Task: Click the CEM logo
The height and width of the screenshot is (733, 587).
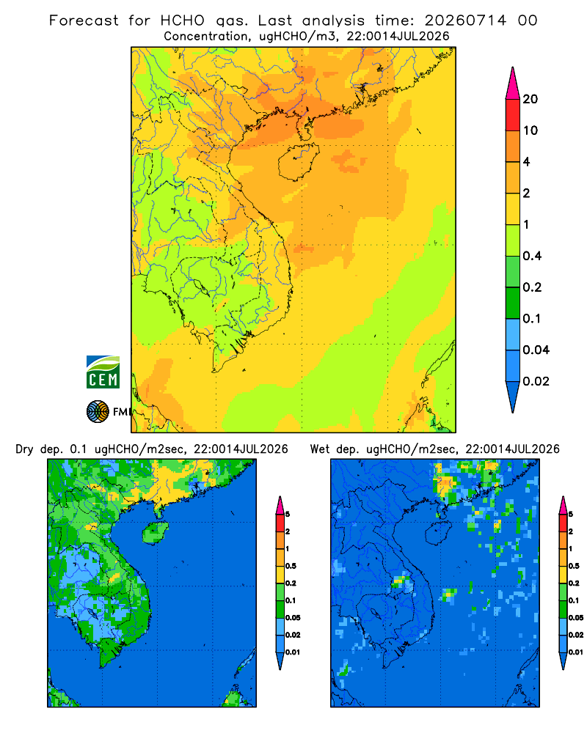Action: click(x=103, y=372)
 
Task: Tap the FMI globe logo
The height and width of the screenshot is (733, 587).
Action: click(x=98, y=412)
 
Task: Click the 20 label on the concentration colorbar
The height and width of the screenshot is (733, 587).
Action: click(x=531, y=99)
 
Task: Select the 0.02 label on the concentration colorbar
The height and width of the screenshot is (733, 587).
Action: click(x=536, y=381)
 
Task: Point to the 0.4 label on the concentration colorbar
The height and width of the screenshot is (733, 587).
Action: click(x=532, y=256)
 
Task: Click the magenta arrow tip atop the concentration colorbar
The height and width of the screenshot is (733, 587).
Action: click(x=513, y=83)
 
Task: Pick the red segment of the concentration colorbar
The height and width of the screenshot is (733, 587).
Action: click(x=513, y=115)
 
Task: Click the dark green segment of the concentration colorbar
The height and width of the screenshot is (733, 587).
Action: click(x=513, y=303)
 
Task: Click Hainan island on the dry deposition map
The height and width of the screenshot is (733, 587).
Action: click(x=156, y=532)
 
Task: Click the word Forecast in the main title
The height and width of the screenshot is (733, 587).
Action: click(x=84, y=21)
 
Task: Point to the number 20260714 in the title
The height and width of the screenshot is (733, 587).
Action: click(x=465, y=21)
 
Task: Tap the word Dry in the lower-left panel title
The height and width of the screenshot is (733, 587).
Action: click(x=24, y=449)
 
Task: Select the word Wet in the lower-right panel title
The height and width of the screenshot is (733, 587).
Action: click(x=320, y=449)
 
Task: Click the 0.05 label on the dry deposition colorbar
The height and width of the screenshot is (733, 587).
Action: click(x=293, y=617)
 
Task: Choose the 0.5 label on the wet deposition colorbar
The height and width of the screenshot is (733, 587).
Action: click(x=574, y=566)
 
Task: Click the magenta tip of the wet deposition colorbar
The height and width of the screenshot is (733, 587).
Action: click(x=563, y=505)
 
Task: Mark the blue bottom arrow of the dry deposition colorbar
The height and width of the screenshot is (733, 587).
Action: click(x=280, y=660)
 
